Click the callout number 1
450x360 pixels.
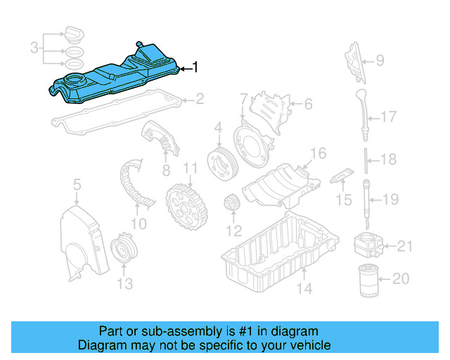(195, 68)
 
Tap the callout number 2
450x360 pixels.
(200, 99)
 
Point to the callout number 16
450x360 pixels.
(318, 153)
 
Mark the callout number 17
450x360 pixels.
(389, 117)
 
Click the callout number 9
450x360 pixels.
(380, 60)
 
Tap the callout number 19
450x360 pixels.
(390, 199)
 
